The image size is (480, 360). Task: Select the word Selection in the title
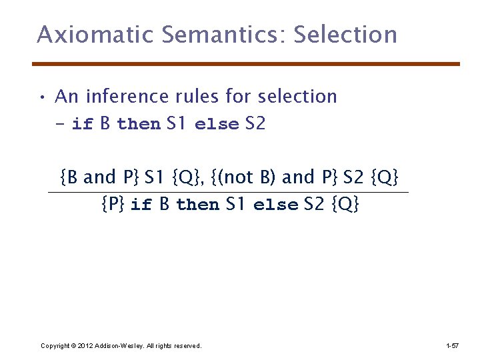345,35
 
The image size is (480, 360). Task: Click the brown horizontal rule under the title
247,64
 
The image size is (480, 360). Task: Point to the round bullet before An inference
41,98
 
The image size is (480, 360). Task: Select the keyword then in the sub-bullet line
139,125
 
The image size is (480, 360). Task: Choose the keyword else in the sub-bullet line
217,125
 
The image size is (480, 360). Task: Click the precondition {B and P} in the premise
99,177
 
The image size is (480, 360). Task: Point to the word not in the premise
238,177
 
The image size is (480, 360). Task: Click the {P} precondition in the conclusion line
112,204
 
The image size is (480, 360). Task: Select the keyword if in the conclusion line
141,205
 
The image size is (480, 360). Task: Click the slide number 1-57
451,345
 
